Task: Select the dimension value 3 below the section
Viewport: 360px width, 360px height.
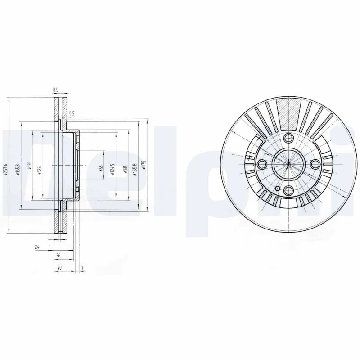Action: [48, 236]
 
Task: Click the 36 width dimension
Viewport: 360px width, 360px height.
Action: [58, 256]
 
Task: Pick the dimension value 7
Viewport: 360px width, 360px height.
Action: [82, 268]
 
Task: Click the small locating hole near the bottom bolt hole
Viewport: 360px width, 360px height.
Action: [278, 189]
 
